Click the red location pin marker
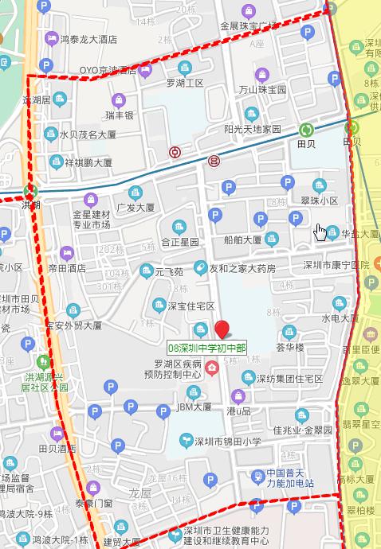[222, 329]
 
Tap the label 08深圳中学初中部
[207, 348]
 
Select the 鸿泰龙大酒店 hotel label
[88, 38]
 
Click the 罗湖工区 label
[185, 83]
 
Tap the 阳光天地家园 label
[253, 128]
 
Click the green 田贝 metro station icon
[306, 130]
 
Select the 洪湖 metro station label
[30, 204]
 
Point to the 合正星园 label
[179, 241]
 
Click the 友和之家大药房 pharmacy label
[242, 269]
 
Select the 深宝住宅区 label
[190, 306]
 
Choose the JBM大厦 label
[194, 407]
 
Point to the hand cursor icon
[320, 232]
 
